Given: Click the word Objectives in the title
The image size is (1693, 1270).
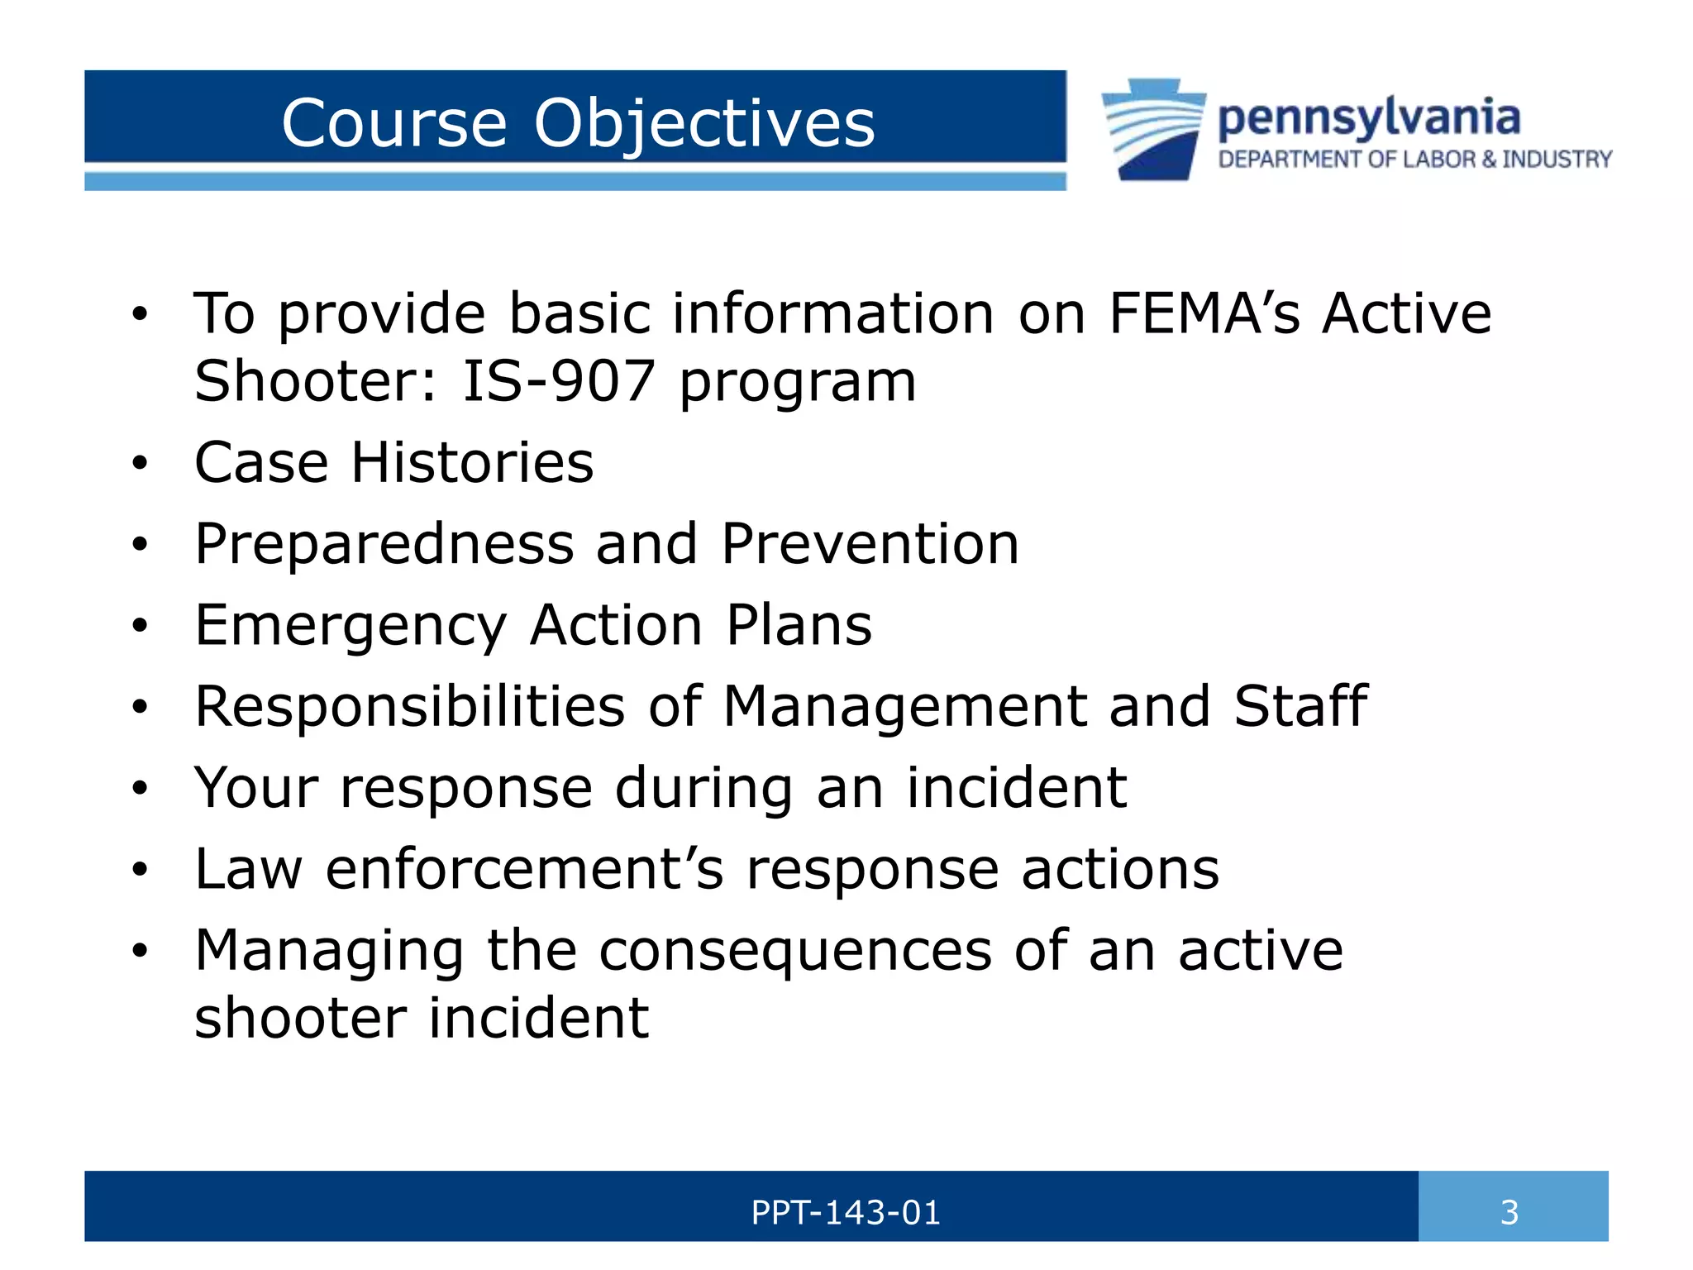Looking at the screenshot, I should point(703,124).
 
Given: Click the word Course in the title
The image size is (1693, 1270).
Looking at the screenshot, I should point(393,124).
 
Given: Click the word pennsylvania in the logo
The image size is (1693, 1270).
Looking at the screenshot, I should point(1368,118).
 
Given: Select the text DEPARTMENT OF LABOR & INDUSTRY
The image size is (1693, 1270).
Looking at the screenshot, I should point(1414,159).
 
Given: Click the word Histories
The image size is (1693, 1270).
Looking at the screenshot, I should point(472,462).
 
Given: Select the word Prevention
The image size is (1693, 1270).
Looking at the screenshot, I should point(870,544).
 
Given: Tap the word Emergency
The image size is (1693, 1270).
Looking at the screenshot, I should point(351,626).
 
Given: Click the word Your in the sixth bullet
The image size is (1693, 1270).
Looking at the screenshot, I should point(255,787).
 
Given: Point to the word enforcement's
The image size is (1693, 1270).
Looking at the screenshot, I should point(524,869).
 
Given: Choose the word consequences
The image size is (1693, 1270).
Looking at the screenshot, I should point(795,951).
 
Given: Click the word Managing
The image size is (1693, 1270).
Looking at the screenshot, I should point(329,951).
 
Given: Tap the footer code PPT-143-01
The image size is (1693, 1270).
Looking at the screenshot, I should point(845,1213).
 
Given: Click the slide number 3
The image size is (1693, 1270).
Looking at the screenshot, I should point(1509,1213).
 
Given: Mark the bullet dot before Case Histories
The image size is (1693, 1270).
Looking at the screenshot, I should point(140,464).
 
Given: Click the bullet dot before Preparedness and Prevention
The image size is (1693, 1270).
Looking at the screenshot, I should point(140,546).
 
